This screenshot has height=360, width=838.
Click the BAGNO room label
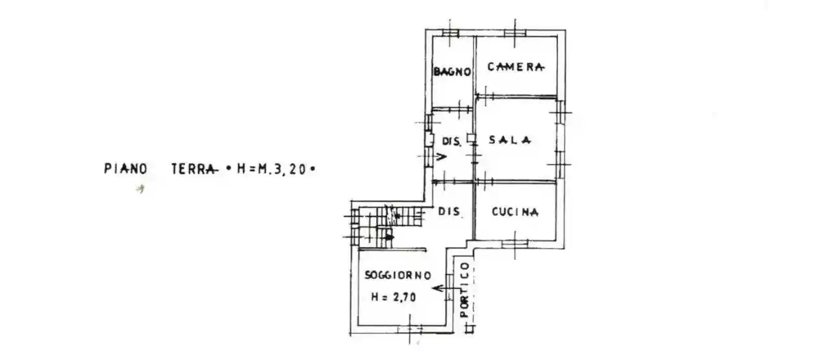(x=452, y=72)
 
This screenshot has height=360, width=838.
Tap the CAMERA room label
(x=516, y=66)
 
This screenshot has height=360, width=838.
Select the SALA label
(x=511, y=139)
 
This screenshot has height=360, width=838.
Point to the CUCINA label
(x=515, y=211)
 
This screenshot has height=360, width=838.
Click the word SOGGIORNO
(x=398, y=275)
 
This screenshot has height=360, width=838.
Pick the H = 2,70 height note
(x=394, y=297)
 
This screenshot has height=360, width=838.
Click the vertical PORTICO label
(x=464, y=289)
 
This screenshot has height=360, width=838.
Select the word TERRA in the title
(x=194, y=169)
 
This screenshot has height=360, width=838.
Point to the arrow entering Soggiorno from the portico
(x=444, y=287)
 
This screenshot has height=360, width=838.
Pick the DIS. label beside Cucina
(x=449, y=211)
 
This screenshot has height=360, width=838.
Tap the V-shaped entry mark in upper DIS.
(x=441, y=157)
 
